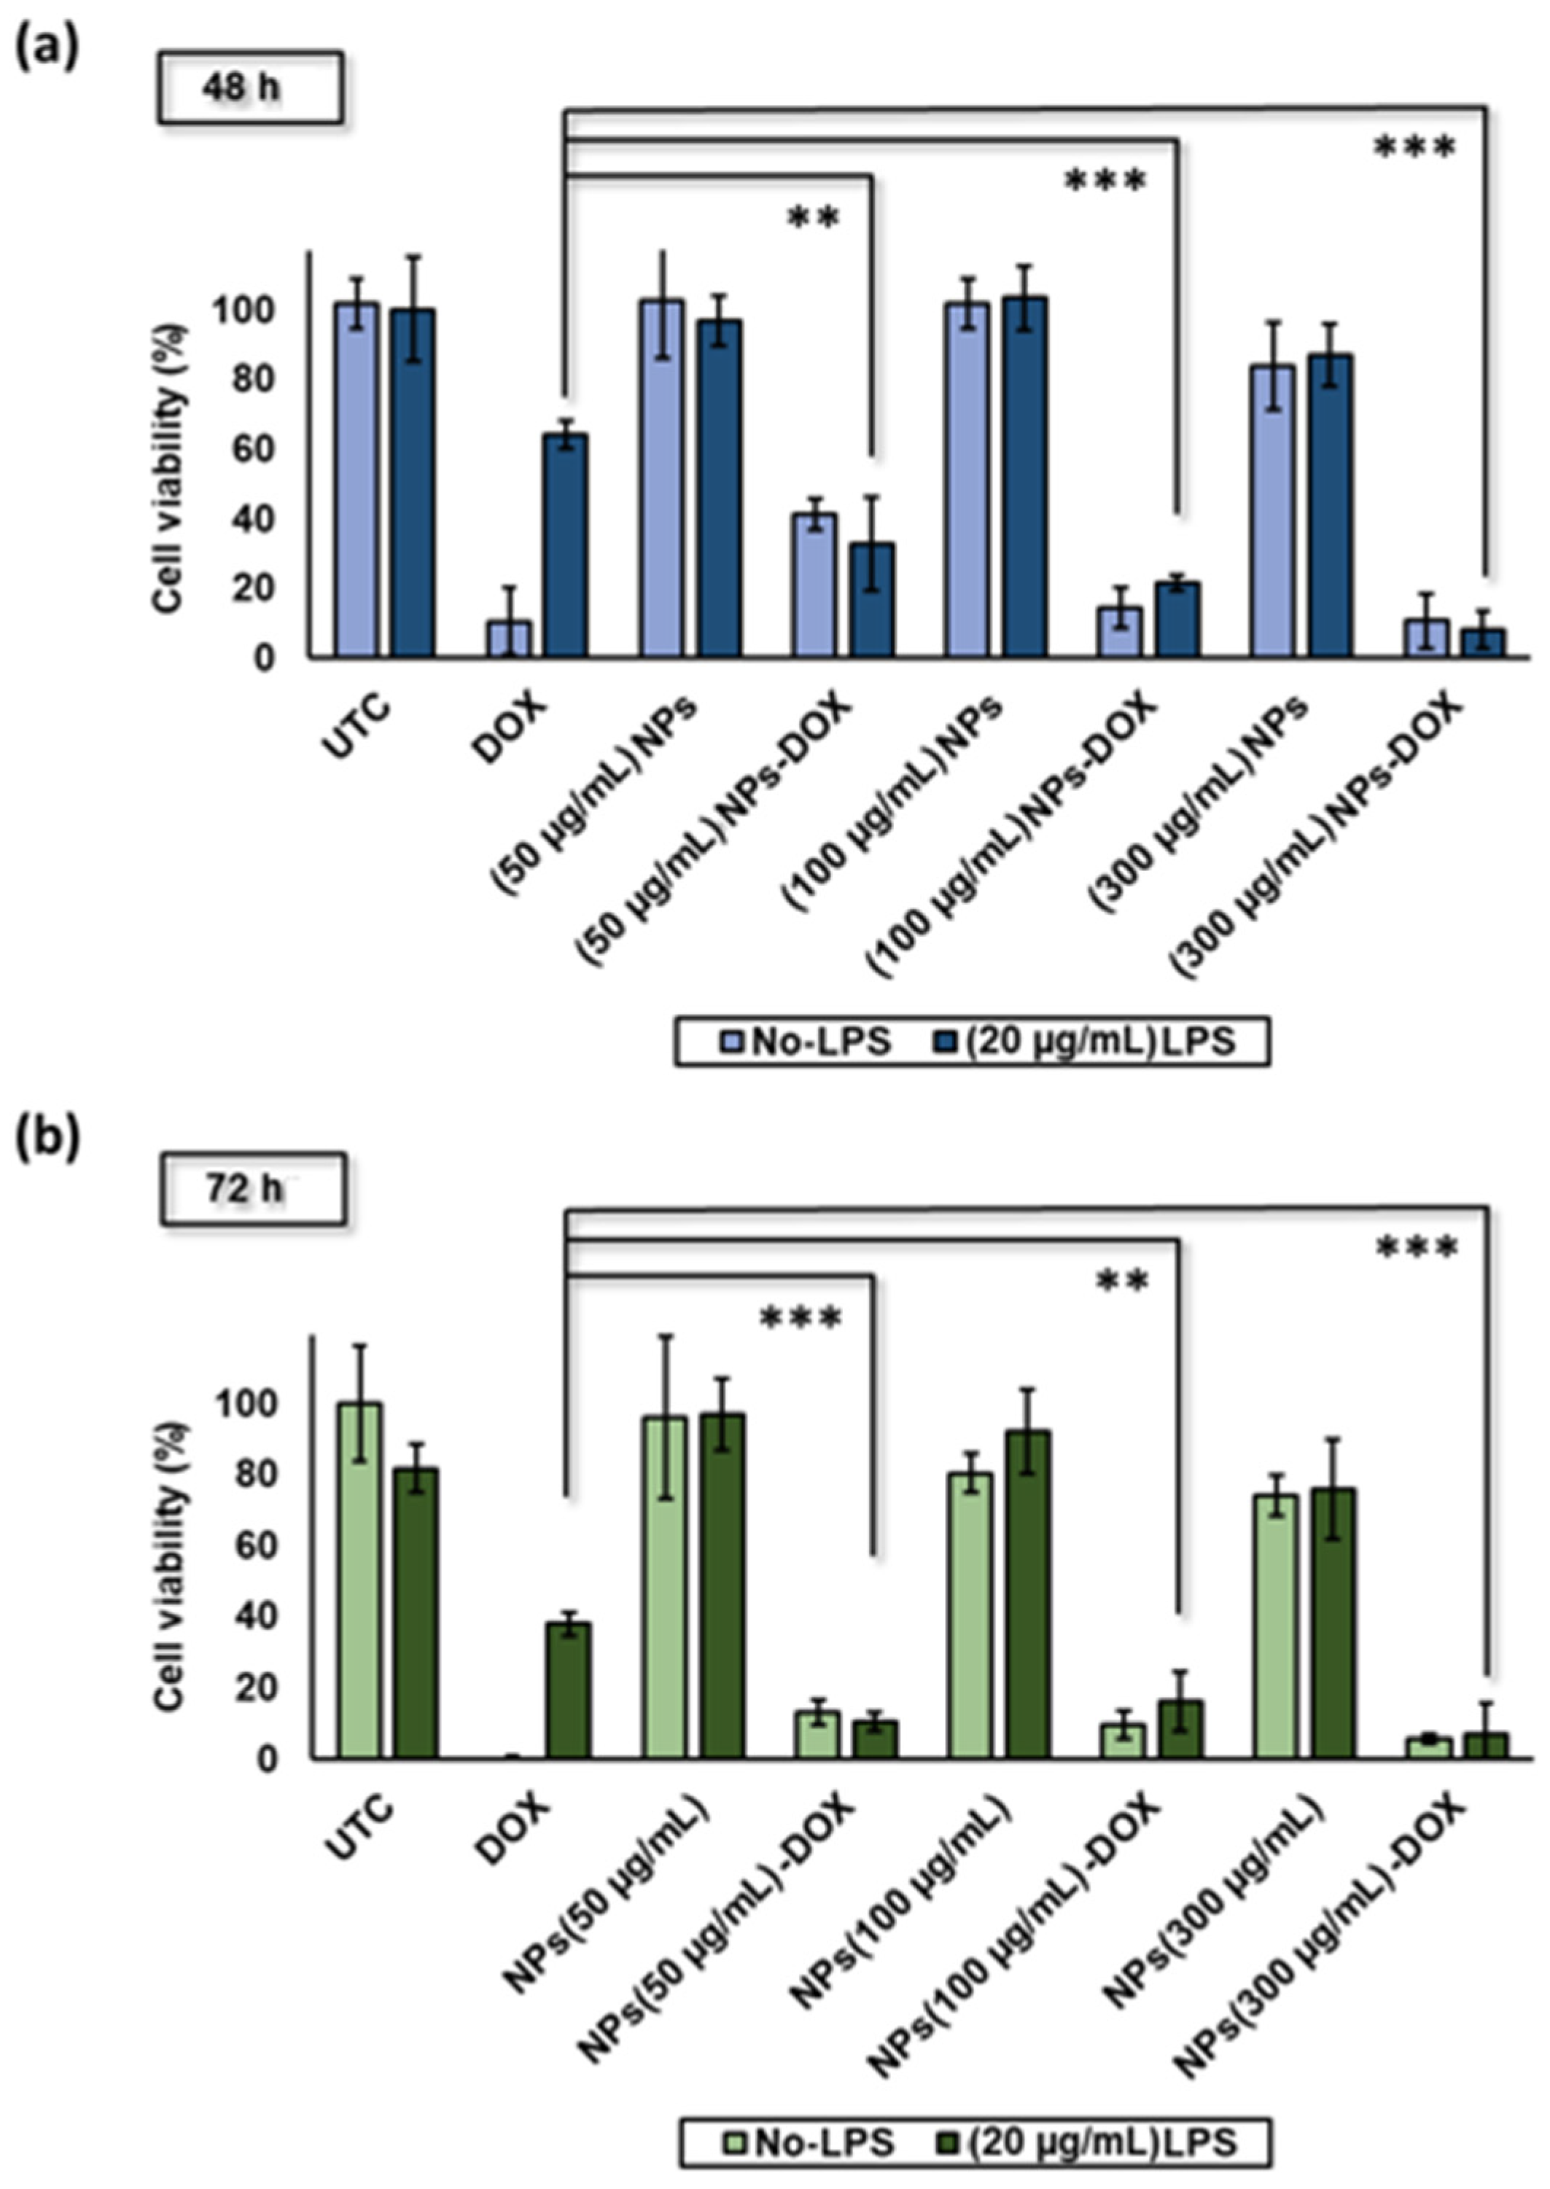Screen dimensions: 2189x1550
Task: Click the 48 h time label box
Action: click(249, 87)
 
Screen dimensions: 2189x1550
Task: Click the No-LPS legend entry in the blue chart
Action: click(806, 1041)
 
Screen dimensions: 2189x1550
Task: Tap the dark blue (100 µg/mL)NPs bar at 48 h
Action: click(1024, 477)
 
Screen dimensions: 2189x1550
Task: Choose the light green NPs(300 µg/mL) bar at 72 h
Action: click(1275, 1637)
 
